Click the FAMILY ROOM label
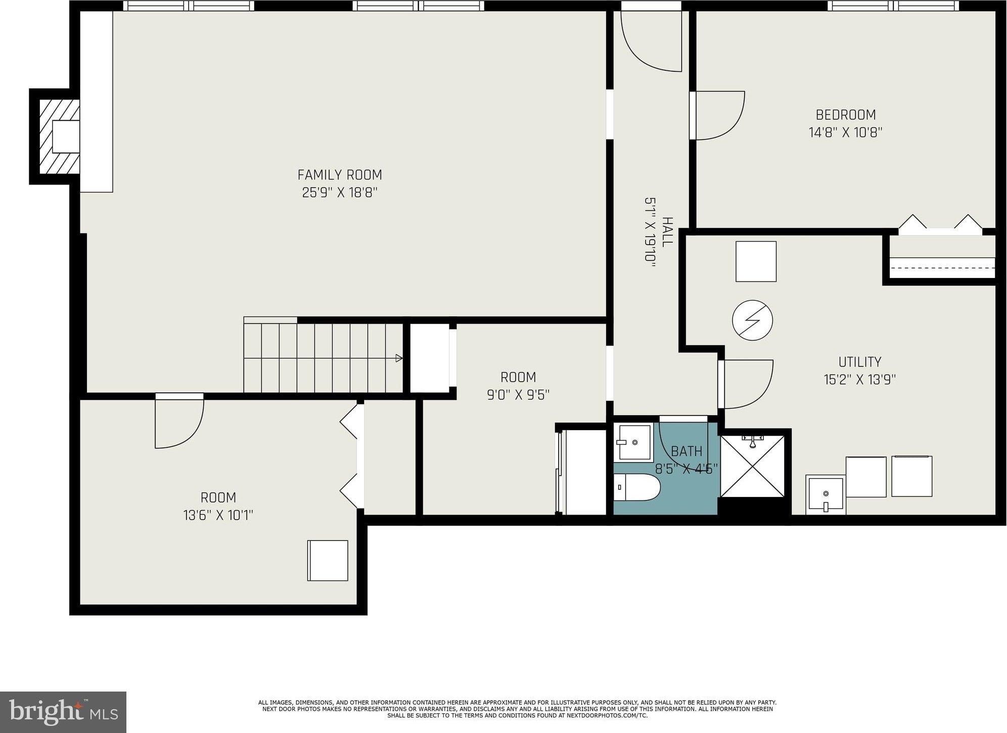[x=340, y=175]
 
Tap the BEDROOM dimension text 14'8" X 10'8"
[x=846, y=132]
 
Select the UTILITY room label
[x=860, y=362]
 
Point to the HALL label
[x=667, y=232]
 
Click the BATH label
[x=686, y=451]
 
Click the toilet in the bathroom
[x=637, y=487]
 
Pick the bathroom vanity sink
[x=633, y=442]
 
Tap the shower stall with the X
[x=752, y=466]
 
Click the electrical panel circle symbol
[x=753, y=320]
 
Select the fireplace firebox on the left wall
[x=66, y=136]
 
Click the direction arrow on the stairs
[x=399, y=358]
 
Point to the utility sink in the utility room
[x=826, y=494]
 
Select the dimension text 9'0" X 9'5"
[x=518, y=394]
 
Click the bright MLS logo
[x=63, y=712]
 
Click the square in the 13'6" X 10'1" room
[x=328, y=561]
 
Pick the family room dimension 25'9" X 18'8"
[x=340, y=193]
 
